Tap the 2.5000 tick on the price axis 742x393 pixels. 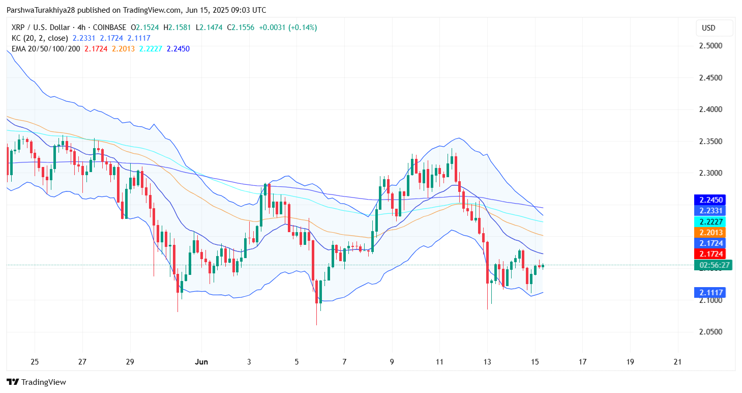710,46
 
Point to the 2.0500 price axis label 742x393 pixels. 710,332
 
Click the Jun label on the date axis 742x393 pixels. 201,362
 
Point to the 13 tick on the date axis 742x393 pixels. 487,362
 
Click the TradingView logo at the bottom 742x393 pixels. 36,382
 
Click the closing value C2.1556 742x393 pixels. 241,27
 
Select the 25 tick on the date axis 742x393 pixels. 35,362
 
